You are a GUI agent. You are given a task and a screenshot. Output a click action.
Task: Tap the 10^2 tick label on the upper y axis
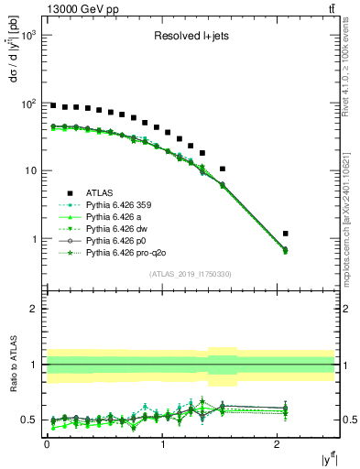tap(27, 104)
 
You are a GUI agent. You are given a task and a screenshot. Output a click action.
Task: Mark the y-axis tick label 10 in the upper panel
tap(30, 171)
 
